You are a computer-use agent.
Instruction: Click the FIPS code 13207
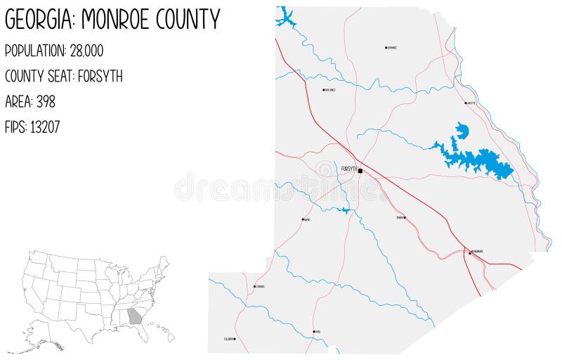point(45,127)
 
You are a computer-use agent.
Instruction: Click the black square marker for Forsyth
point(360,171)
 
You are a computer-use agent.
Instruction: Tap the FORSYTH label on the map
point(348,169)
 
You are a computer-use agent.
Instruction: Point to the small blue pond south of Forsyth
point(344,210)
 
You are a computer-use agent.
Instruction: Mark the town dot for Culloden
point(235,339)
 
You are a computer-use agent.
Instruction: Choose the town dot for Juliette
point(466,103)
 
